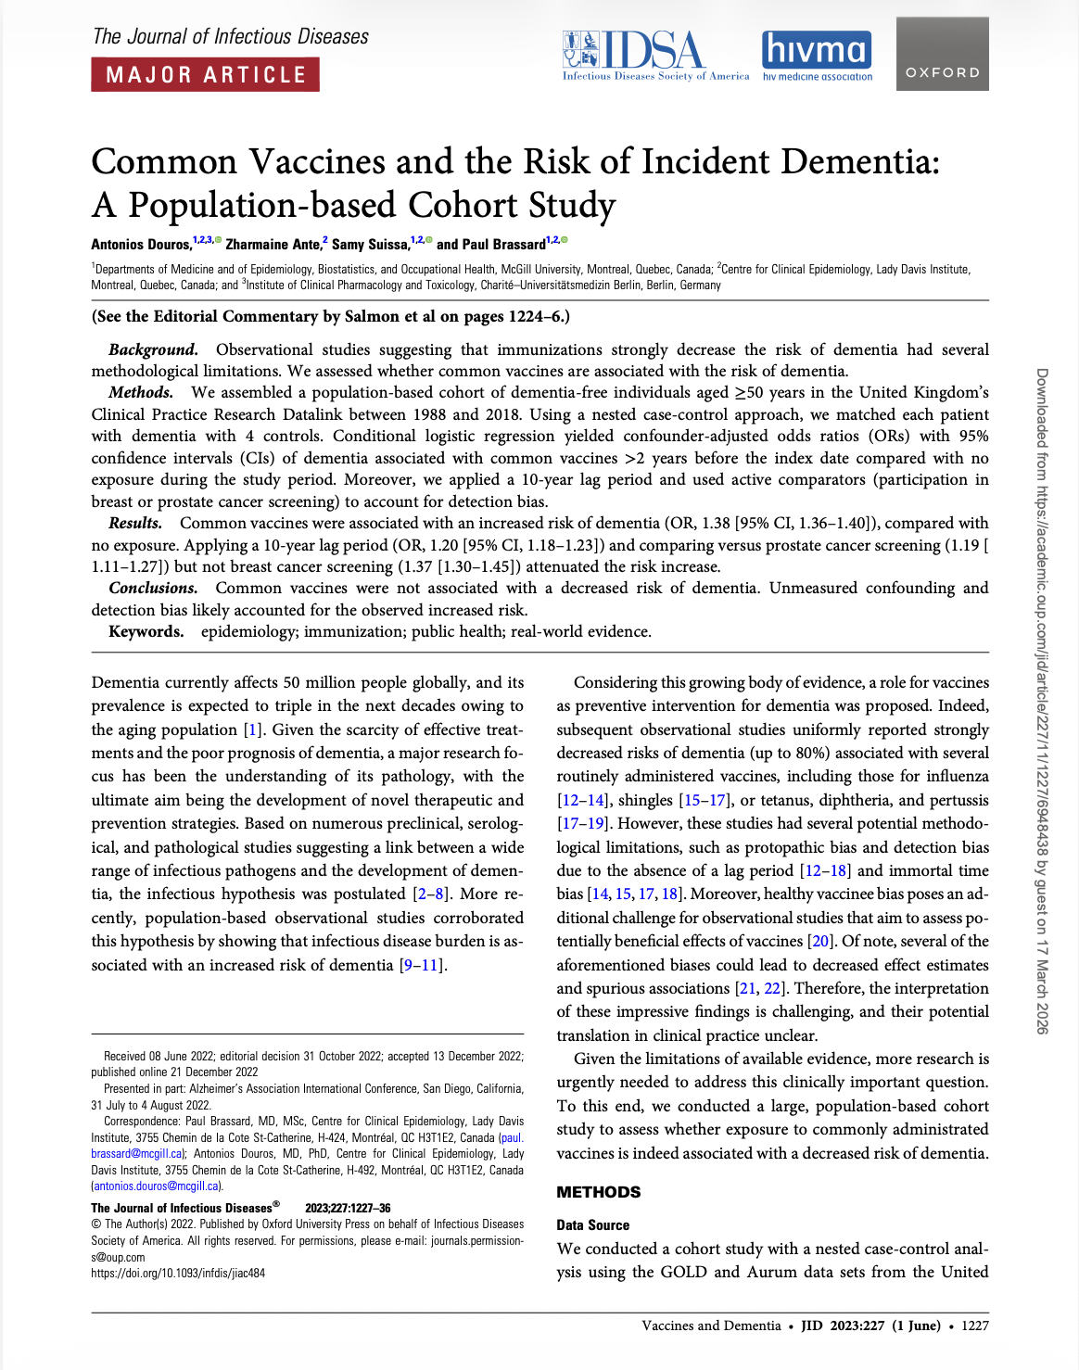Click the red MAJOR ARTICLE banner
pyautogui.click(x=205, y=74)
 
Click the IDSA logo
pyautogui.click(x=654, y=56)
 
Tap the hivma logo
pyautogui.click(x=817, y=55)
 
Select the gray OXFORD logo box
pyautogui.click(x=942, y=56)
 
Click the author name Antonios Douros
pyautogui.click(x=141, y=245)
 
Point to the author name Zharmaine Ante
pyautogui.click(x=273, y=245)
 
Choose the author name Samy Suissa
pyautogui.click(x=370, y=245)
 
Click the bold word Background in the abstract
pyautogui.click(x=153, y=349)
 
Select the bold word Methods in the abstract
pyautogui.click(x=140, y=392)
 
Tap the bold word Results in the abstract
pyautogui.click(x=135, y=523)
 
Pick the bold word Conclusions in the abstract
pyautogui.click(x=153, y=588)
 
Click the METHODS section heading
pyautogui.click(x=598, y=1192)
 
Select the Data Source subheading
pyautogui.click(x=592, y=1225)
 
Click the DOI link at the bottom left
pyautogui.click(x=178, y=1274)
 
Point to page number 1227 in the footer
pyautogui.click(x=975, y=1326)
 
